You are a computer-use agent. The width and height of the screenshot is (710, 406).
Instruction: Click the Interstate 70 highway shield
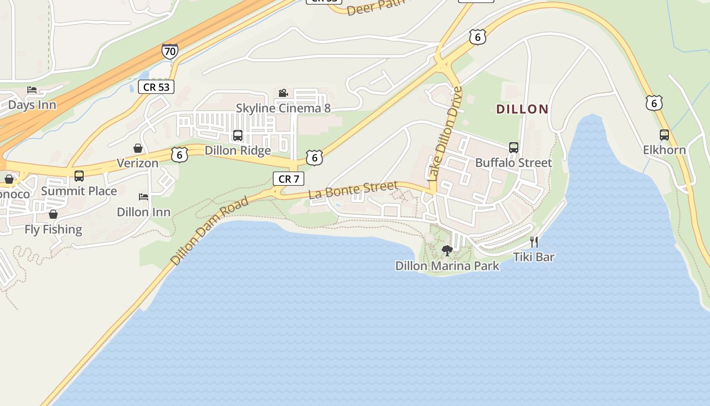[x=170, y=51]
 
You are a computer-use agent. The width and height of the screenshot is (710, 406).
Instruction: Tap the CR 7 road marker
[x=289, y=179]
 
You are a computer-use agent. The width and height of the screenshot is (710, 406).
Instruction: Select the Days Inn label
[x=32, y=105]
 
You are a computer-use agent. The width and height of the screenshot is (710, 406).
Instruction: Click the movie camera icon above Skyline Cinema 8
[x=283, y=93]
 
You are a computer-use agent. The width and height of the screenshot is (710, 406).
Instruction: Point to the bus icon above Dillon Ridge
[x=237, y=136]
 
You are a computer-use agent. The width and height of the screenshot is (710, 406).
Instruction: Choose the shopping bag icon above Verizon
[x=137, y=148]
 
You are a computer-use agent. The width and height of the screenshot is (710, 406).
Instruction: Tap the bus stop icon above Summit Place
[x=79, y=176]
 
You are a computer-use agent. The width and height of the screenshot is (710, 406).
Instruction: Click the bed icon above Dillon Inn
[x=144, y=197]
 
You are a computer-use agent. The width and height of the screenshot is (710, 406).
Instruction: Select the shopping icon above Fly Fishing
[x=53, y=215]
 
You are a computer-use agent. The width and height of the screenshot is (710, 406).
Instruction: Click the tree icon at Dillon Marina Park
[x=447, y=251]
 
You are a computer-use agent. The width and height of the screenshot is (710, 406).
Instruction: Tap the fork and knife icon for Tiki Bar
[x=534, y=242]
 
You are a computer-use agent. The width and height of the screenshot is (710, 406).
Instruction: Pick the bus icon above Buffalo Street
[x=513, y=148]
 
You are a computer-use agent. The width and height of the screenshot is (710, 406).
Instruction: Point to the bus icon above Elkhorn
[x=664, y=135]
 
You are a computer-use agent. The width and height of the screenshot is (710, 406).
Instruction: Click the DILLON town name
[x=522, y=109]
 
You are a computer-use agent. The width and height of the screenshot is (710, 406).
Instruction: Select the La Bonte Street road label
[x=353, y=191]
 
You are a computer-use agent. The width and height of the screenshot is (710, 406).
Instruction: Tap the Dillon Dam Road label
[x=210, y=231]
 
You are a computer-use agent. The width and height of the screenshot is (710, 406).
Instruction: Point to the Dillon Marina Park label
[x=447, y=265]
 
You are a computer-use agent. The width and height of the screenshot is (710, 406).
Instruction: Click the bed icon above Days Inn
[x=32, y=90]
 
